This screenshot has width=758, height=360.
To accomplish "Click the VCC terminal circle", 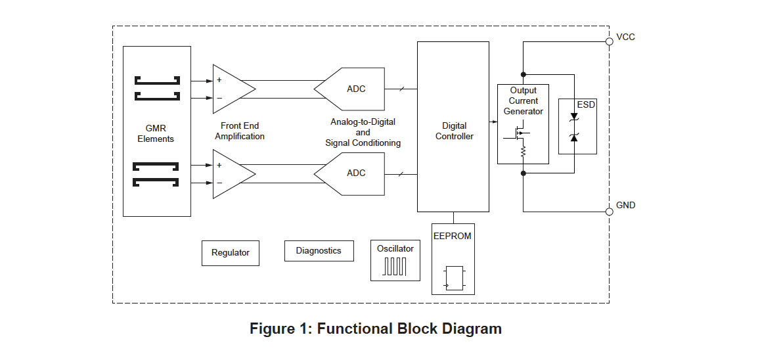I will tap(610, 41).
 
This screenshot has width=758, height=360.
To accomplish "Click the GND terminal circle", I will tap(610, 212).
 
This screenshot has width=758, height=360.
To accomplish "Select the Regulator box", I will tap(231, 253).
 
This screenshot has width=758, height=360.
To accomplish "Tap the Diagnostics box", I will tap(319, 250).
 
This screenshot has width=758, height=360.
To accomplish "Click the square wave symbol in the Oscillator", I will tap(395, 267).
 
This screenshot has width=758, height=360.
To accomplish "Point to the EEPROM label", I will tap(453, 236).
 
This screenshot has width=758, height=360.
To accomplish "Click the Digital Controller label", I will tap(454, 131).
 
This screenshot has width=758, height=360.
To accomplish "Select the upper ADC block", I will tap(351, 89).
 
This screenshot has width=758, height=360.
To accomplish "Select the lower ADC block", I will tap(351, 173).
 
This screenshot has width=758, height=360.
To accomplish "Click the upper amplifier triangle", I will tap(231, 89).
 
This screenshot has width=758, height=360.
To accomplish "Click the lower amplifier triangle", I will tap(231, 173).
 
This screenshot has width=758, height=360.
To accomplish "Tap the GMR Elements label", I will tap(156, 133).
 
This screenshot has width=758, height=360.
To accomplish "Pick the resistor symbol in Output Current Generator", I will tap(524, 152).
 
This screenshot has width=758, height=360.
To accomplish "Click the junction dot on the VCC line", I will tap(524, 74).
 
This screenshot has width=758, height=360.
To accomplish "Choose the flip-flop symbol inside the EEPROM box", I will tap(454, 278).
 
